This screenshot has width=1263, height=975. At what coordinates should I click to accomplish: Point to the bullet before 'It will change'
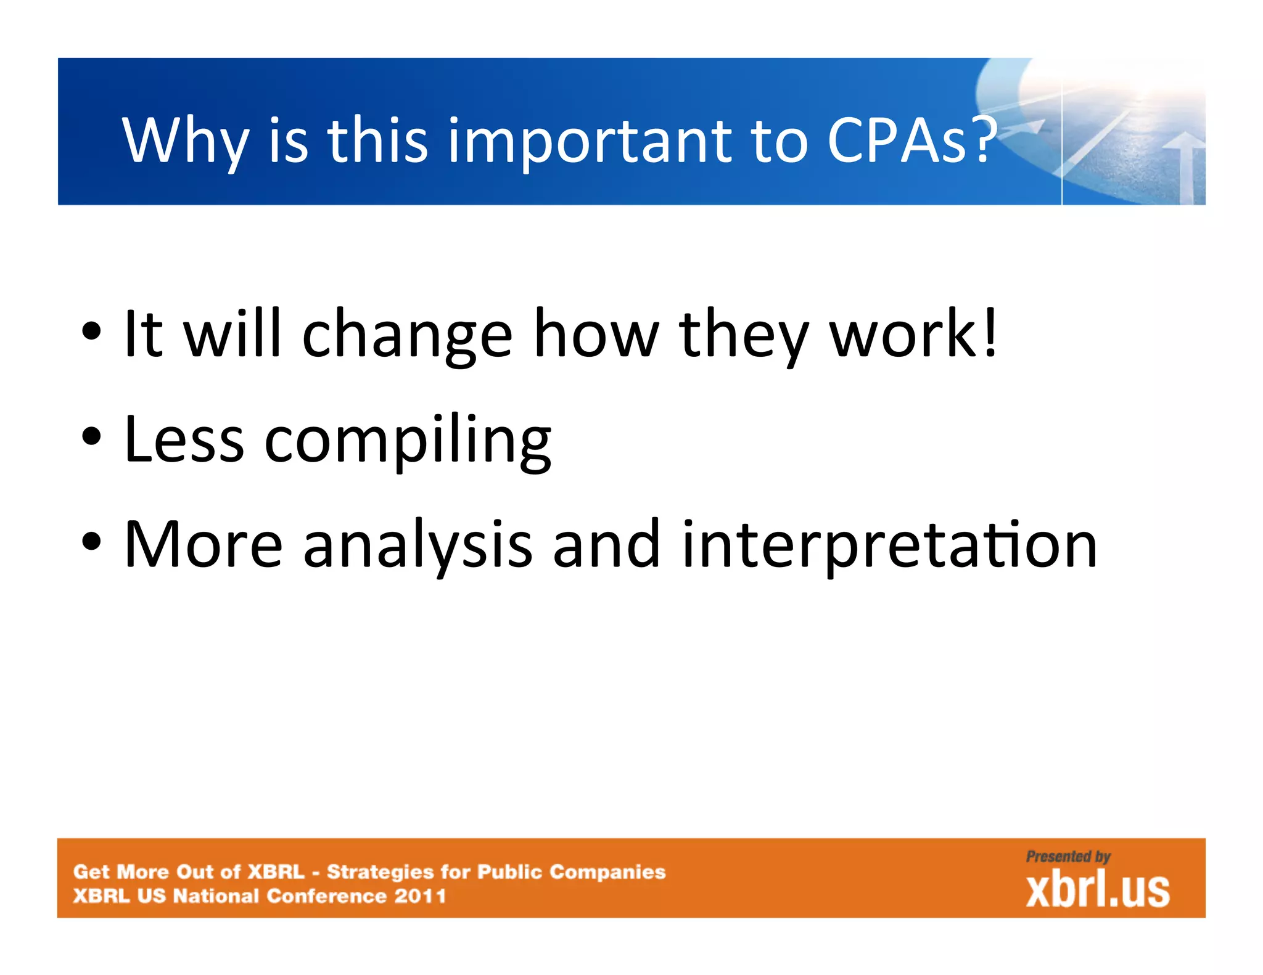pyautogui.click(x=91, y=333)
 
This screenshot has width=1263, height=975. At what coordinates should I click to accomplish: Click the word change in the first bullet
pyautogui.click(x=407, y=336)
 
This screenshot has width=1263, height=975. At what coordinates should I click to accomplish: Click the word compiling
pyautogui.click(x=408, y=441)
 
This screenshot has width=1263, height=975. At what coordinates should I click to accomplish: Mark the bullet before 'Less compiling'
pyautogui.click(x=91, y=438)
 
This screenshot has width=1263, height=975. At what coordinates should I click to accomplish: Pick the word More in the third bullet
pyautogui.click(x=204, y=544)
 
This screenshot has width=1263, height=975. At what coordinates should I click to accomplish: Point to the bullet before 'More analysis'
pyautogui.click(x=91, y=542)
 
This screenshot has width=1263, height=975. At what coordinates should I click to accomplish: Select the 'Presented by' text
pyautogui.click(x=1068, y=857)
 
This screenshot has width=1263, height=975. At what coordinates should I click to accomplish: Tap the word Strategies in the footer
pyautogui.click(x=380, y=872)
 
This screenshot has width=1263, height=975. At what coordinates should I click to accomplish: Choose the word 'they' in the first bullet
pyautogui.click(x=744, y=336)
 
